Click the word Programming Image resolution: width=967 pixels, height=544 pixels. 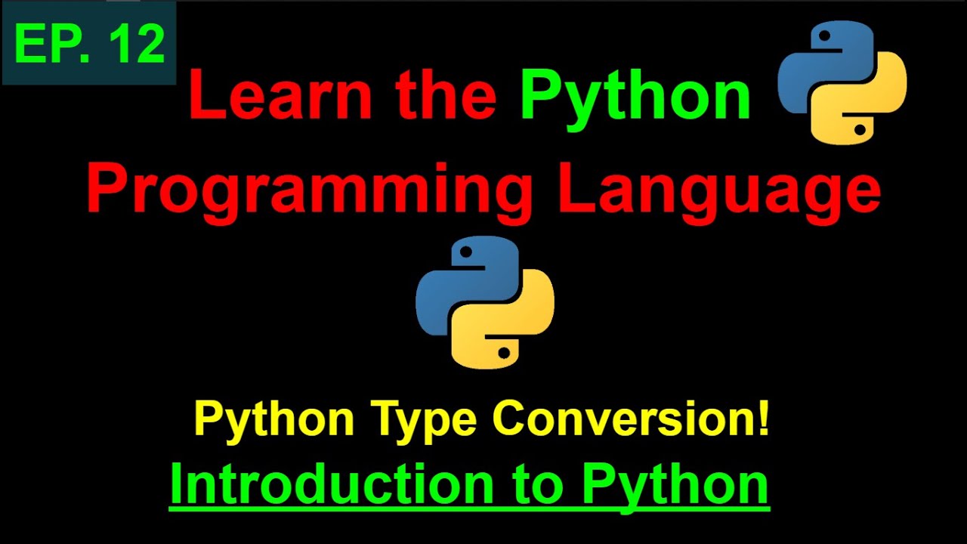pos(310,190)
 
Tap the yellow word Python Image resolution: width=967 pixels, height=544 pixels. pos(273,419)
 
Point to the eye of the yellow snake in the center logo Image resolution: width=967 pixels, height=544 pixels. pos(503,352)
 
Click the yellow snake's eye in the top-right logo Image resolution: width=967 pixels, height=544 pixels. pos(860,129)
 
